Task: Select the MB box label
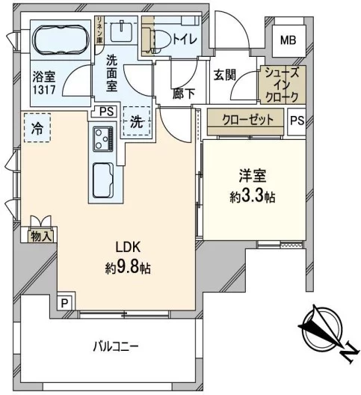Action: (288, 41)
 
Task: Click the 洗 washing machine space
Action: (137, 121)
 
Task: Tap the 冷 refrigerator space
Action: (35, 128)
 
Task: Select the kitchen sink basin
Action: (102, 180)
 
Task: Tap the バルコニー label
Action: (116, 347)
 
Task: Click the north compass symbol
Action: (323, 330)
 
